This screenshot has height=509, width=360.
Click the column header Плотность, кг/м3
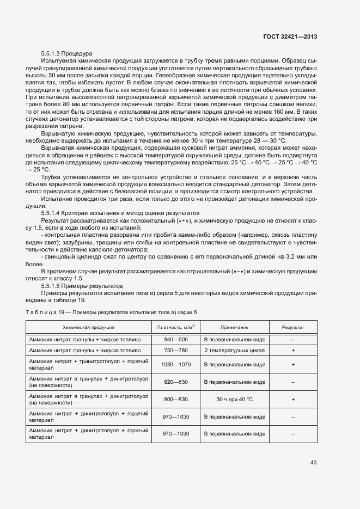tap(175, 327)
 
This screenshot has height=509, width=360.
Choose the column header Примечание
tap(235, 327)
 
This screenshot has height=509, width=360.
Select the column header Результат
tap(293, 327)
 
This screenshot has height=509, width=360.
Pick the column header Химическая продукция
tap(89, 327)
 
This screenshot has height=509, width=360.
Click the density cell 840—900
tap(175, 339)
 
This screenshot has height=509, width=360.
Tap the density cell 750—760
tap(175, 351)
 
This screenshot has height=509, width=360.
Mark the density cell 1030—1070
tap(175, 364)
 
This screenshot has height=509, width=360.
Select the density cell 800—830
tap(175, 399)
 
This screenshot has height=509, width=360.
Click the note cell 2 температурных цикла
tap(235, 351)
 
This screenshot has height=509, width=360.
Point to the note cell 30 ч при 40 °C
tap(235, 399)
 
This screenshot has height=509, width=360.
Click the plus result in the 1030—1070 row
tap(293, 364)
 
